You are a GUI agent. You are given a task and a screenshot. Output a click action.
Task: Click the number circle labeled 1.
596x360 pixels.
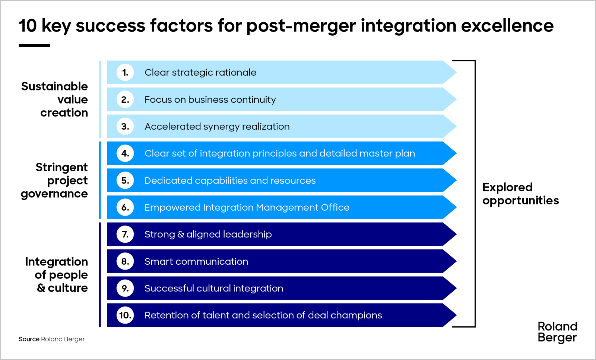[x=125, y=72]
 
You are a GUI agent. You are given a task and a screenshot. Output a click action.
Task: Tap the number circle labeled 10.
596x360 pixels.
[x=125, y=315]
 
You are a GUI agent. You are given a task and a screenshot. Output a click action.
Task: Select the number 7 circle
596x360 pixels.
[x=125, y=234]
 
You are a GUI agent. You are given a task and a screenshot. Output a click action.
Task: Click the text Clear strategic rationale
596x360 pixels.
[x=200, y=72]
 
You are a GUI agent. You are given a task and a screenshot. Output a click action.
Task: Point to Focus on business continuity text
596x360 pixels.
[x=210, y=99]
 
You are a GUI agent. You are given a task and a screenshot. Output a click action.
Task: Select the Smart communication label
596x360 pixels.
[x=196, y=261]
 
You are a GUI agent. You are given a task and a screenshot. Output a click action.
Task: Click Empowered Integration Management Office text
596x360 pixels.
[x=247, y=207]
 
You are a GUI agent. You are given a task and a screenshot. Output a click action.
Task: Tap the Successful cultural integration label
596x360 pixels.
[x=213, y=288]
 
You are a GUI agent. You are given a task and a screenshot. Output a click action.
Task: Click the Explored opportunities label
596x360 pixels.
[x=520, y=194]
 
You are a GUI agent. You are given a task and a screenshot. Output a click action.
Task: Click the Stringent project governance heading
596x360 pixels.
[x=56, y=180]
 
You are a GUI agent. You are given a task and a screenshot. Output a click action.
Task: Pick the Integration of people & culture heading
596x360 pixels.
[x=58, y=275]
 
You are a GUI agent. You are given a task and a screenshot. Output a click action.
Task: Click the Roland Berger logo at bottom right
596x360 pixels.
[x=557, y=332]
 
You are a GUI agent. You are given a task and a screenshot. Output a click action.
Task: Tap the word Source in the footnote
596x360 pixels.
[x=29, y=339]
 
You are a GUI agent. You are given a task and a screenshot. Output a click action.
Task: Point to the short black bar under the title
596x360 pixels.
[x=34, y=45]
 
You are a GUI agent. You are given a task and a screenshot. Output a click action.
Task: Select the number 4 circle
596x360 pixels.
[x=125, y=153]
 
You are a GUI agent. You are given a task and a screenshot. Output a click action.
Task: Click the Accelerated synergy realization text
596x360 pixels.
[x=217, y=127]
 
